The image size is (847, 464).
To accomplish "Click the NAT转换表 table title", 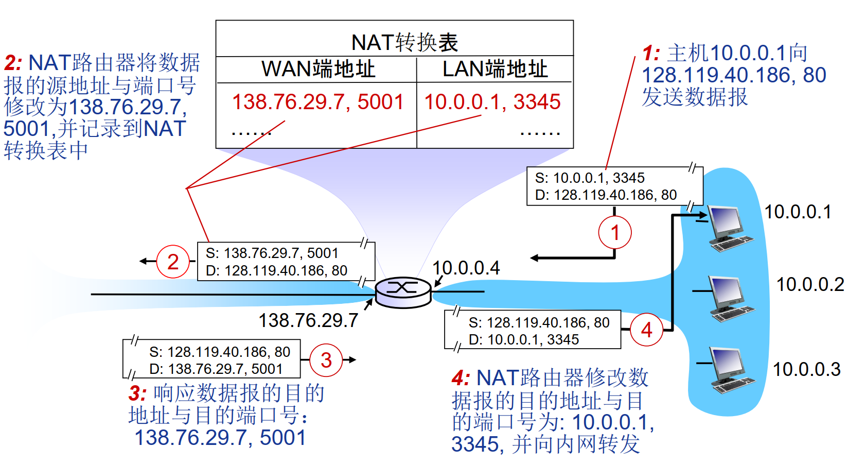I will [x=404, y=42].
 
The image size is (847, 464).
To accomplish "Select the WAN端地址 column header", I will [x=318, y=69].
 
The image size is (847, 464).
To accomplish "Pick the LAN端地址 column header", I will [x=495, y=69].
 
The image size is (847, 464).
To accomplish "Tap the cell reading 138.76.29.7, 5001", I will [x=317, y=101].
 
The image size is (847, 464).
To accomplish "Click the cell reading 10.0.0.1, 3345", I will [x=492, y=101].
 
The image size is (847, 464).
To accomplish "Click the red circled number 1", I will [x=615, y=233].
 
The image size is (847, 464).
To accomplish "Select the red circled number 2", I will [x=173, y=262].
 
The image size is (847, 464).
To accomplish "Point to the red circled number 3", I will [x=326, y=360].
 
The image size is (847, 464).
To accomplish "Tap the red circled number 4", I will [x=646, y=330].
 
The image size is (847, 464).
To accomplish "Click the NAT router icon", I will [x=403, y=291].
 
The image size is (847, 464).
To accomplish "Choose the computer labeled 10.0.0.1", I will [x=729, y=228].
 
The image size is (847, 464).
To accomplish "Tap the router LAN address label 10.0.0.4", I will [x=466, y=268].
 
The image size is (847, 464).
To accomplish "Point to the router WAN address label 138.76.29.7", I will [x=308, y=320].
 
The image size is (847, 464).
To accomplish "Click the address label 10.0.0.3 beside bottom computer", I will [x=806, y=369].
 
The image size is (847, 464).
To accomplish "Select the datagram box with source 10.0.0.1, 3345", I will [x=614, y=186].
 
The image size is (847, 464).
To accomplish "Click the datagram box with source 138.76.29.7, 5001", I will [x=286, y=262].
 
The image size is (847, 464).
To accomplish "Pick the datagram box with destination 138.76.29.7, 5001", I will [x=211, y=359].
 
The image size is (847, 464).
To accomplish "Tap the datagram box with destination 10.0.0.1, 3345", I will [x=533, y=330].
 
